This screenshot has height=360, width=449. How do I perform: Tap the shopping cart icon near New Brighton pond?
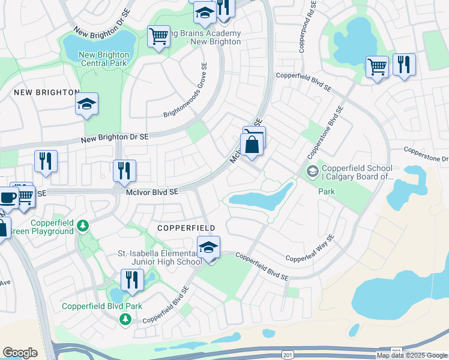click(x=158, y=37)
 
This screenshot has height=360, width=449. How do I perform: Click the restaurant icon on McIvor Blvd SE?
click(x=124, y=170)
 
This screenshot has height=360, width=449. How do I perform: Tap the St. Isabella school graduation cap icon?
click(x=209, y=247)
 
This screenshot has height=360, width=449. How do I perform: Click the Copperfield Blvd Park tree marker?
click(x=125, y=319)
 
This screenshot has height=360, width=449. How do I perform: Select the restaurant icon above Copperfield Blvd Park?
click(x=132, y=280)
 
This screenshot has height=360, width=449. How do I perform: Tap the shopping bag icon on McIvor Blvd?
click(x=252, y=145)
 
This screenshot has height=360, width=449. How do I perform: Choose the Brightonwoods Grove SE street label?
click(x=185, y=91)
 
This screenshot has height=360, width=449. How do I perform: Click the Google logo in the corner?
click(x=20, y=353)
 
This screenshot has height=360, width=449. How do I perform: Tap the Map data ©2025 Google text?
click(x=412, y=355)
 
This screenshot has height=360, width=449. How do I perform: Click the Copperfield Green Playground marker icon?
click(x=83, y=226)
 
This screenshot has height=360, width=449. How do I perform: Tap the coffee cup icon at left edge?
click(x=7, y=197)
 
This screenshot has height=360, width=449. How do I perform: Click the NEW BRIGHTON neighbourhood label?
click(x=46, y=92)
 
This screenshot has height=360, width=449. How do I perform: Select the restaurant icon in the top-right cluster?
click(x=404, y=64)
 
